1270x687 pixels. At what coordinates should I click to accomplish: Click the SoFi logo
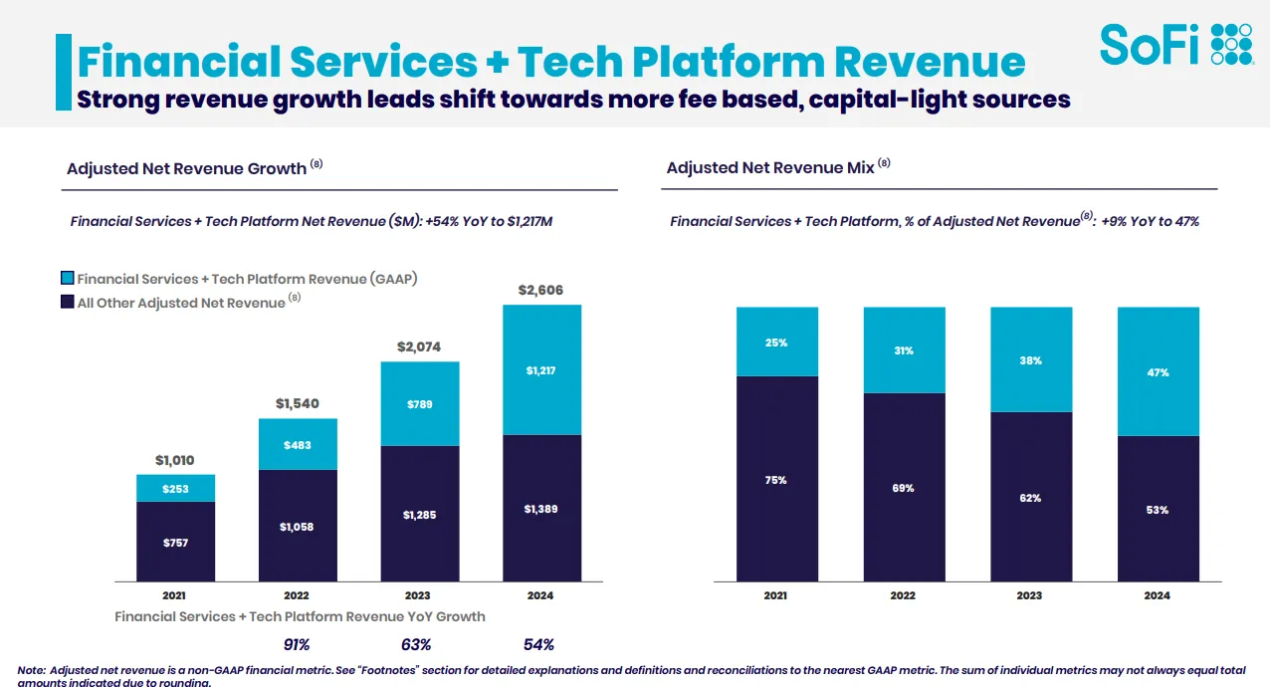click(1175, 45)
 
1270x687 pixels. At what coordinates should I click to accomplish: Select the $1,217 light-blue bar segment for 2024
click(541, 370)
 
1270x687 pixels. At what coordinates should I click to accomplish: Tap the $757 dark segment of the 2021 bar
click(175, 542)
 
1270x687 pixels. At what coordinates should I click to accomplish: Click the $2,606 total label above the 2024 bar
click(541, 290)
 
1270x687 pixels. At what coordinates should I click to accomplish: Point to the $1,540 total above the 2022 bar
click(298, 404)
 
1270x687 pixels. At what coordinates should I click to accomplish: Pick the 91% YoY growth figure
click(297, 644)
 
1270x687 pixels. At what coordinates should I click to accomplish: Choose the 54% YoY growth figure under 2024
click(538, 644)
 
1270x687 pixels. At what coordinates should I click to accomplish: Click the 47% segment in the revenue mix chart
click(1158, 371)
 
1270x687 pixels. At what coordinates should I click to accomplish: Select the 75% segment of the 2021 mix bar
click(776, 479)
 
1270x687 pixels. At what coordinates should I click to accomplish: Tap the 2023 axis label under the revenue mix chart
click(1030, 595)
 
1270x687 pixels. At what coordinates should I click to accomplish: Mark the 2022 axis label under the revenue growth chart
click(297, 595)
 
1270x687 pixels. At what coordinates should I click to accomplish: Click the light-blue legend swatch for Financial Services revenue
click(67, 279)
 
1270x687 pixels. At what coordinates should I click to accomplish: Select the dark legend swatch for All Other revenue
click(67, 302)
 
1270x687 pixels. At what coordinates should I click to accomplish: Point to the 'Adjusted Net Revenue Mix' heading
click(769, 168)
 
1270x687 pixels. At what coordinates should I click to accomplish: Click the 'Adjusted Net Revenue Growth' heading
click(186, 168)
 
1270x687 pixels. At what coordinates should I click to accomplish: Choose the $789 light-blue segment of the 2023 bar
click(419, 404)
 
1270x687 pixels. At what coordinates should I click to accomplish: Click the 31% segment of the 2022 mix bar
click(904, 350)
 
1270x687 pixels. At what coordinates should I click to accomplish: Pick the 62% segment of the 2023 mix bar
click(1030, 497)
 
